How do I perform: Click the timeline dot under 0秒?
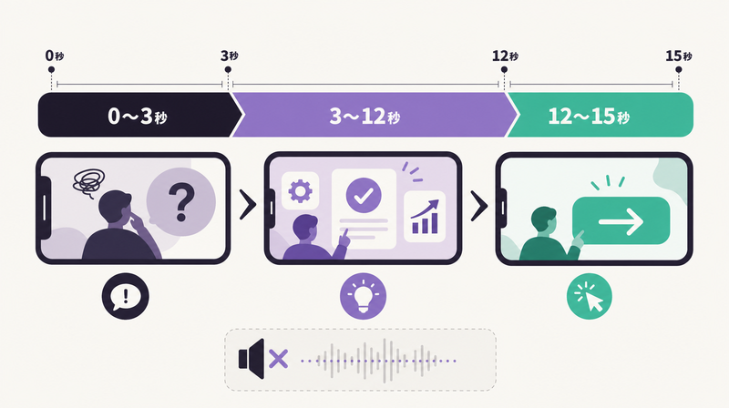(51, 70)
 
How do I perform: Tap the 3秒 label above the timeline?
(230, 56)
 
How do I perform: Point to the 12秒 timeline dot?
(504, 70)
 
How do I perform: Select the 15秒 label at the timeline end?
(678, 56)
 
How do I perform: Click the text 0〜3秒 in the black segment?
(138, 116)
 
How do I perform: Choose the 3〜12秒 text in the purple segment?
(364, 116)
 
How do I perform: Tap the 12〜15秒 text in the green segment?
(589, 116)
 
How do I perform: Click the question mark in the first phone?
(180, 201)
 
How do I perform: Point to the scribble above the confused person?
(88, 181)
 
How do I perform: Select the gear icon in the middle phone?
(301, 190)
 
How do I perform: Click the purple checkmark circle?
(364, 195)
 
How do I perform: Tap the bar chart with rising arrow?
(425, 217)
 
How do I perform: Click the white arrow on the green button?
(621, 221)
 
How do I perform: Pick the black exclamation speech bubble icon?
(126, 296)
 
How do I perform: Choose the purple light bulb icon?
(363, 296)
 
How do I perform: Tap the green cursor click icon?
(589, 296)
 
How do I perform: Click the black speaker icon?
(252, 359)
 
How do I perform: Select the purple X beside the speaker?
(279, 359)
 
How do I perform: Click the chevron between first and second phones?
(248, 204)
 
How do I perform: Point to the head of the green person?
(544, 219)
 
